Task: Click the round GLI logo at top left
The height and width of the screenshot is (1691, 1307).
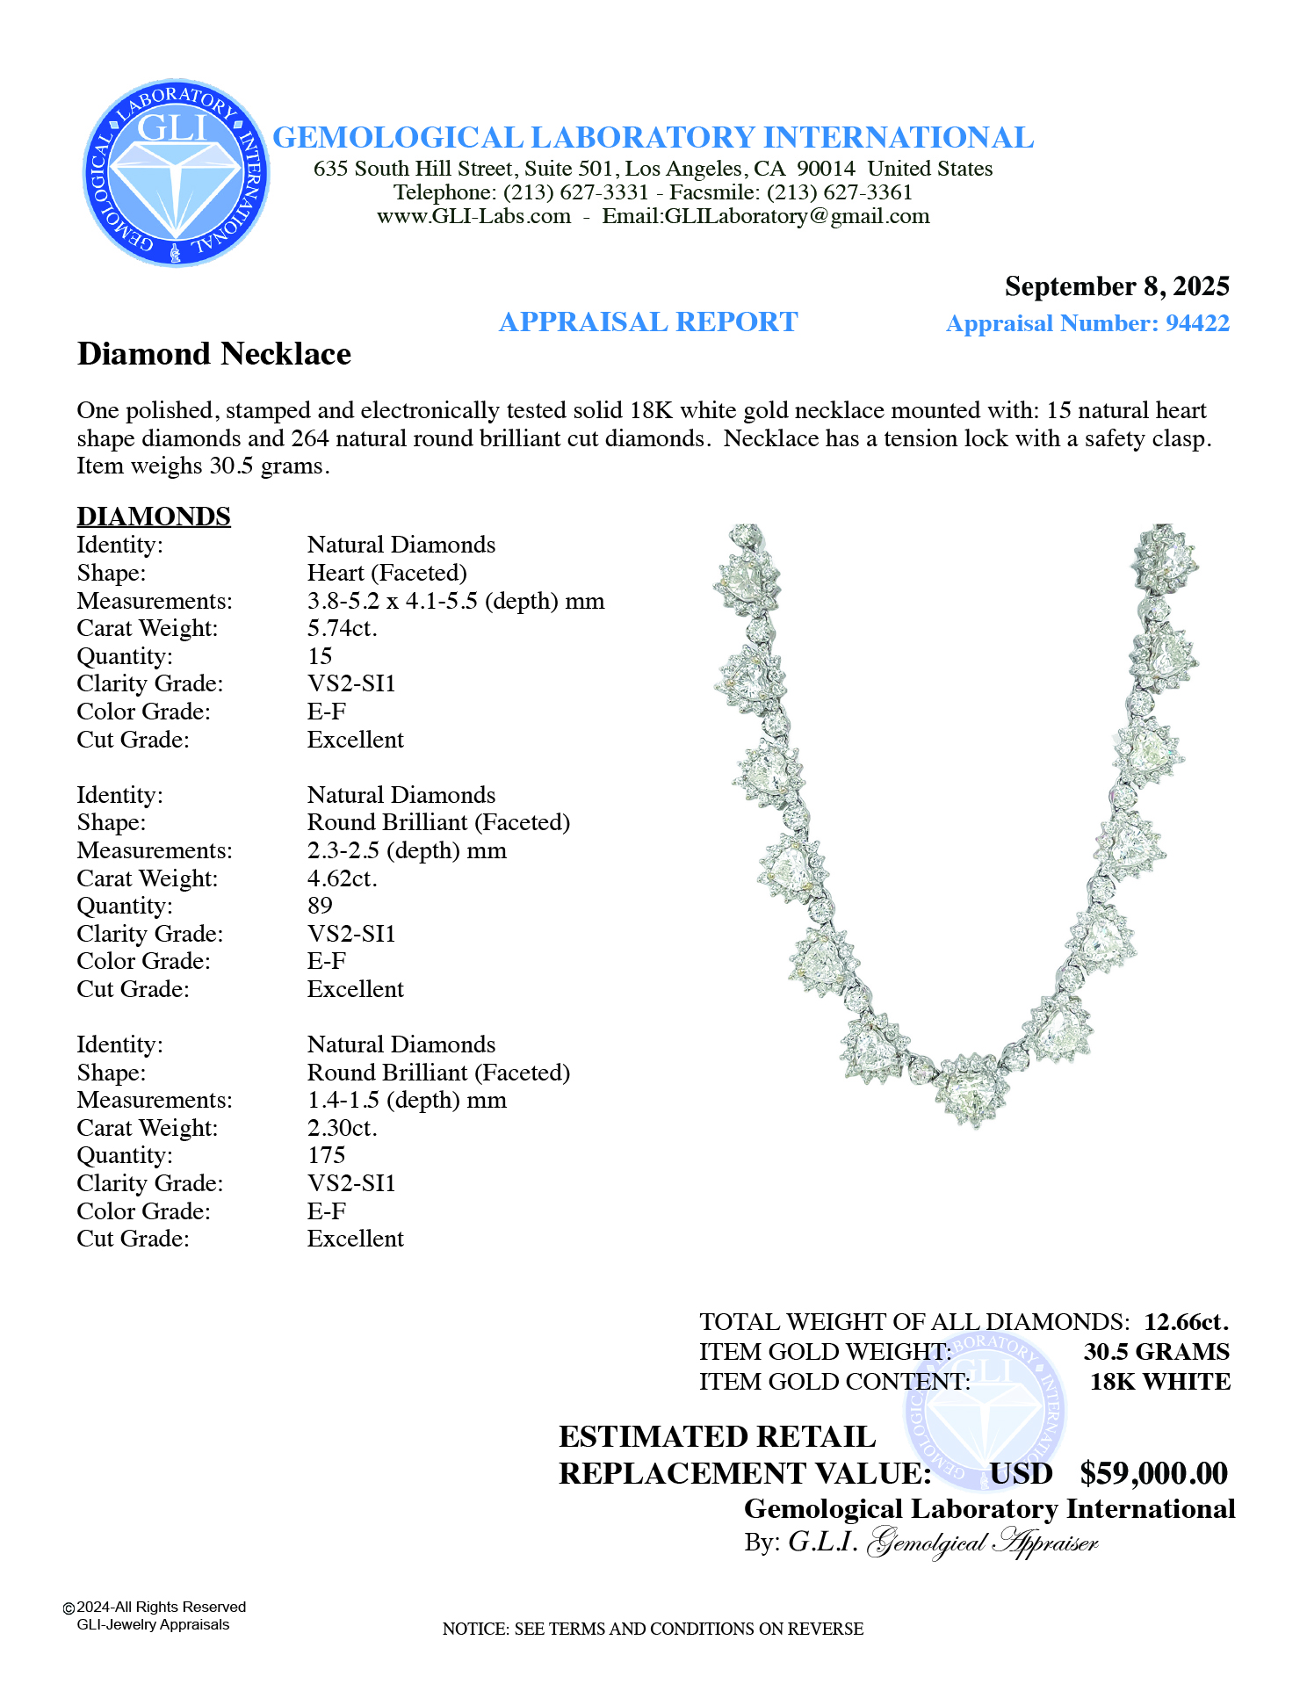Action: point(176,173)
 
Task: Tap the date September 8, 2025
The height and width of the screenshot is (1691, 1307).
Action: point(1116,286)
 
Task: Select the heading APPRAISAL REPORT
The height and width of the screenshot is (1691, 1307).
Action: point(648,322)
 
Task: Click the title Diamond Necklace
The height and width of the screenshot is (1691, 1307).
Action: point(214,354)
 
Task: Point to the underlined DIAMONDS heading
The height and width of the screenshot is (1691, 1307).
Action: point(154,517)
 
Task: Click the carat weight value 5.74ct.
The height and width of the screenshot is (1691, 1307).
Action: point(342,628)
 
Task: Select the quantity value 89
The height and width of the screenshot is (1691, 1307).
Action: point(320,906)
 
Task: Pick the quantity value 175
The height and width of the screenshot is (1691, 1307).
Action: point(326,1155)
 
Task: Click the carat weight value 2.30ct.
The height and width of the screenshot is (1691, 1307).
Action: point(342,1128)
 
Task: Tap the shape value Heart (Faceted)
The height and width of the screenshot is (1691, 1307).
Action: point(386,573)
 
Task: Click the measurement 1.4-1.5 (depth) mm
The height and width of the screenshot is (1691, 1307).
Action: point(407,1100)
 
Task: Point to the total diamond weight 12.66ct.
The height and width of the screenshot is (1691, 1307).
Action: point(1186,1322)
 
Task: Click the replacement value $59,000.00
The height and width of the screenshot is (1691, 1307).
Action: point(1153,1474)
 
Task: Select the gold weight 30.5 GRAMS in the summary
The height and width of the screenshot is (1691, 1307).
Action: point(1156,1352)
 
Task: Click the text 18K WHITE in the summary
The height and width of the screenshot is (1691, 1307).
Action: point(1159,1382)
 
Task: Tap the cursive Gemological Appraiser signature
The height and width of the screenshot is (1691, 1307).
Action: point(982,1543)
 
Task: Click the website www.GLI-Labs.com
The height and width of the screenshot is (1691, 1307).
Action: point(473,217)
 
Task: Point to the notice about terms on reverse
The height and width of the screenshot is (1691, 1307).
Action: point(653,1630)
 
